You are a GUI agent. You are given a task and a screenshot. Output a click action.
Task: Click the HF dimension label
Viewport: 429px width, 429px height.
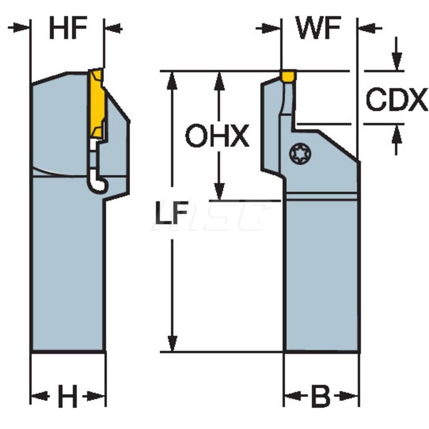tap(68, 28)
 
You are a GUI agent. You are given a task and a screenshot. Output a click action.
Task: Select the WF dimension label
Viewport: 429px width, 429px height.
tap(319, 28)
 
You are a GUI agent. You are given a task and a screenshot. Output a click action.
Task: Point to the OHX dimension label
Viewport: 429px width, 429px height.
tap(217, 136)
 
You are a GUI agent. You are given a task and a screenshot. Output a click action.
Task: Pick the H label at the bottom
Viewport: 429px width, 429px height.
tap(67, 396)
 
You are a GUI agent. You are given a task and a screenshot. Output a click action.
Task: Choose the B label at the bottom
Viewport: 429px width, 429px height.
tap(320, 396)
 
